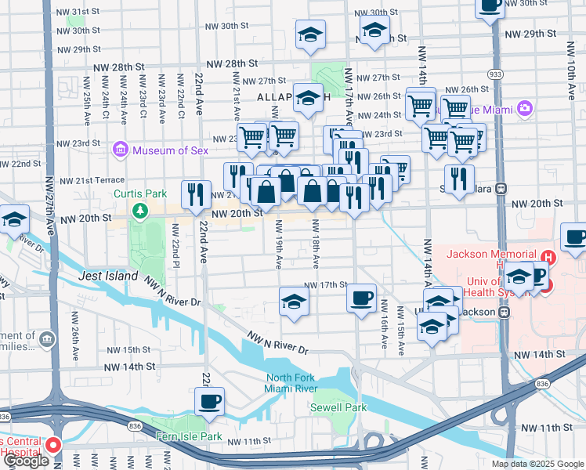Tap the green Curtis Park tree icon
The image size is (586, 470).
139,210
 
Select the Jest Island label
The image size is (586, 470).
108,277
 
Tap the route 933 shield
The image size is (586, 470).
497,74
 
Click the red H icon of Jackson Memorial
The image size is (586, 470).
548,256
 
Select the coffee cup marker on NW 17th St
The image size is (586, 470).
361,298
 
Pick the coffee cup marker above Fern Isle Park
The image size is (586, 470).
209,402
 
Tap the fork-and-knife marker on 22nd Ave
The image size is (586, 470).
195,195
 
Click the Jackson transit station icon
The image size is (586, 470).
505,312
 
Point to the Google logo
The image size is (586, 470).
27,461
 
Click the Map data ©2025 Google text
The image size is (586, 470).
537,463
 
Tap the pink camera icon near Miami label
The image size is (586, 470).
524,108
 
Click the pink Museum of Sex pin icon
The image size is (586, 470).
120,149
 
